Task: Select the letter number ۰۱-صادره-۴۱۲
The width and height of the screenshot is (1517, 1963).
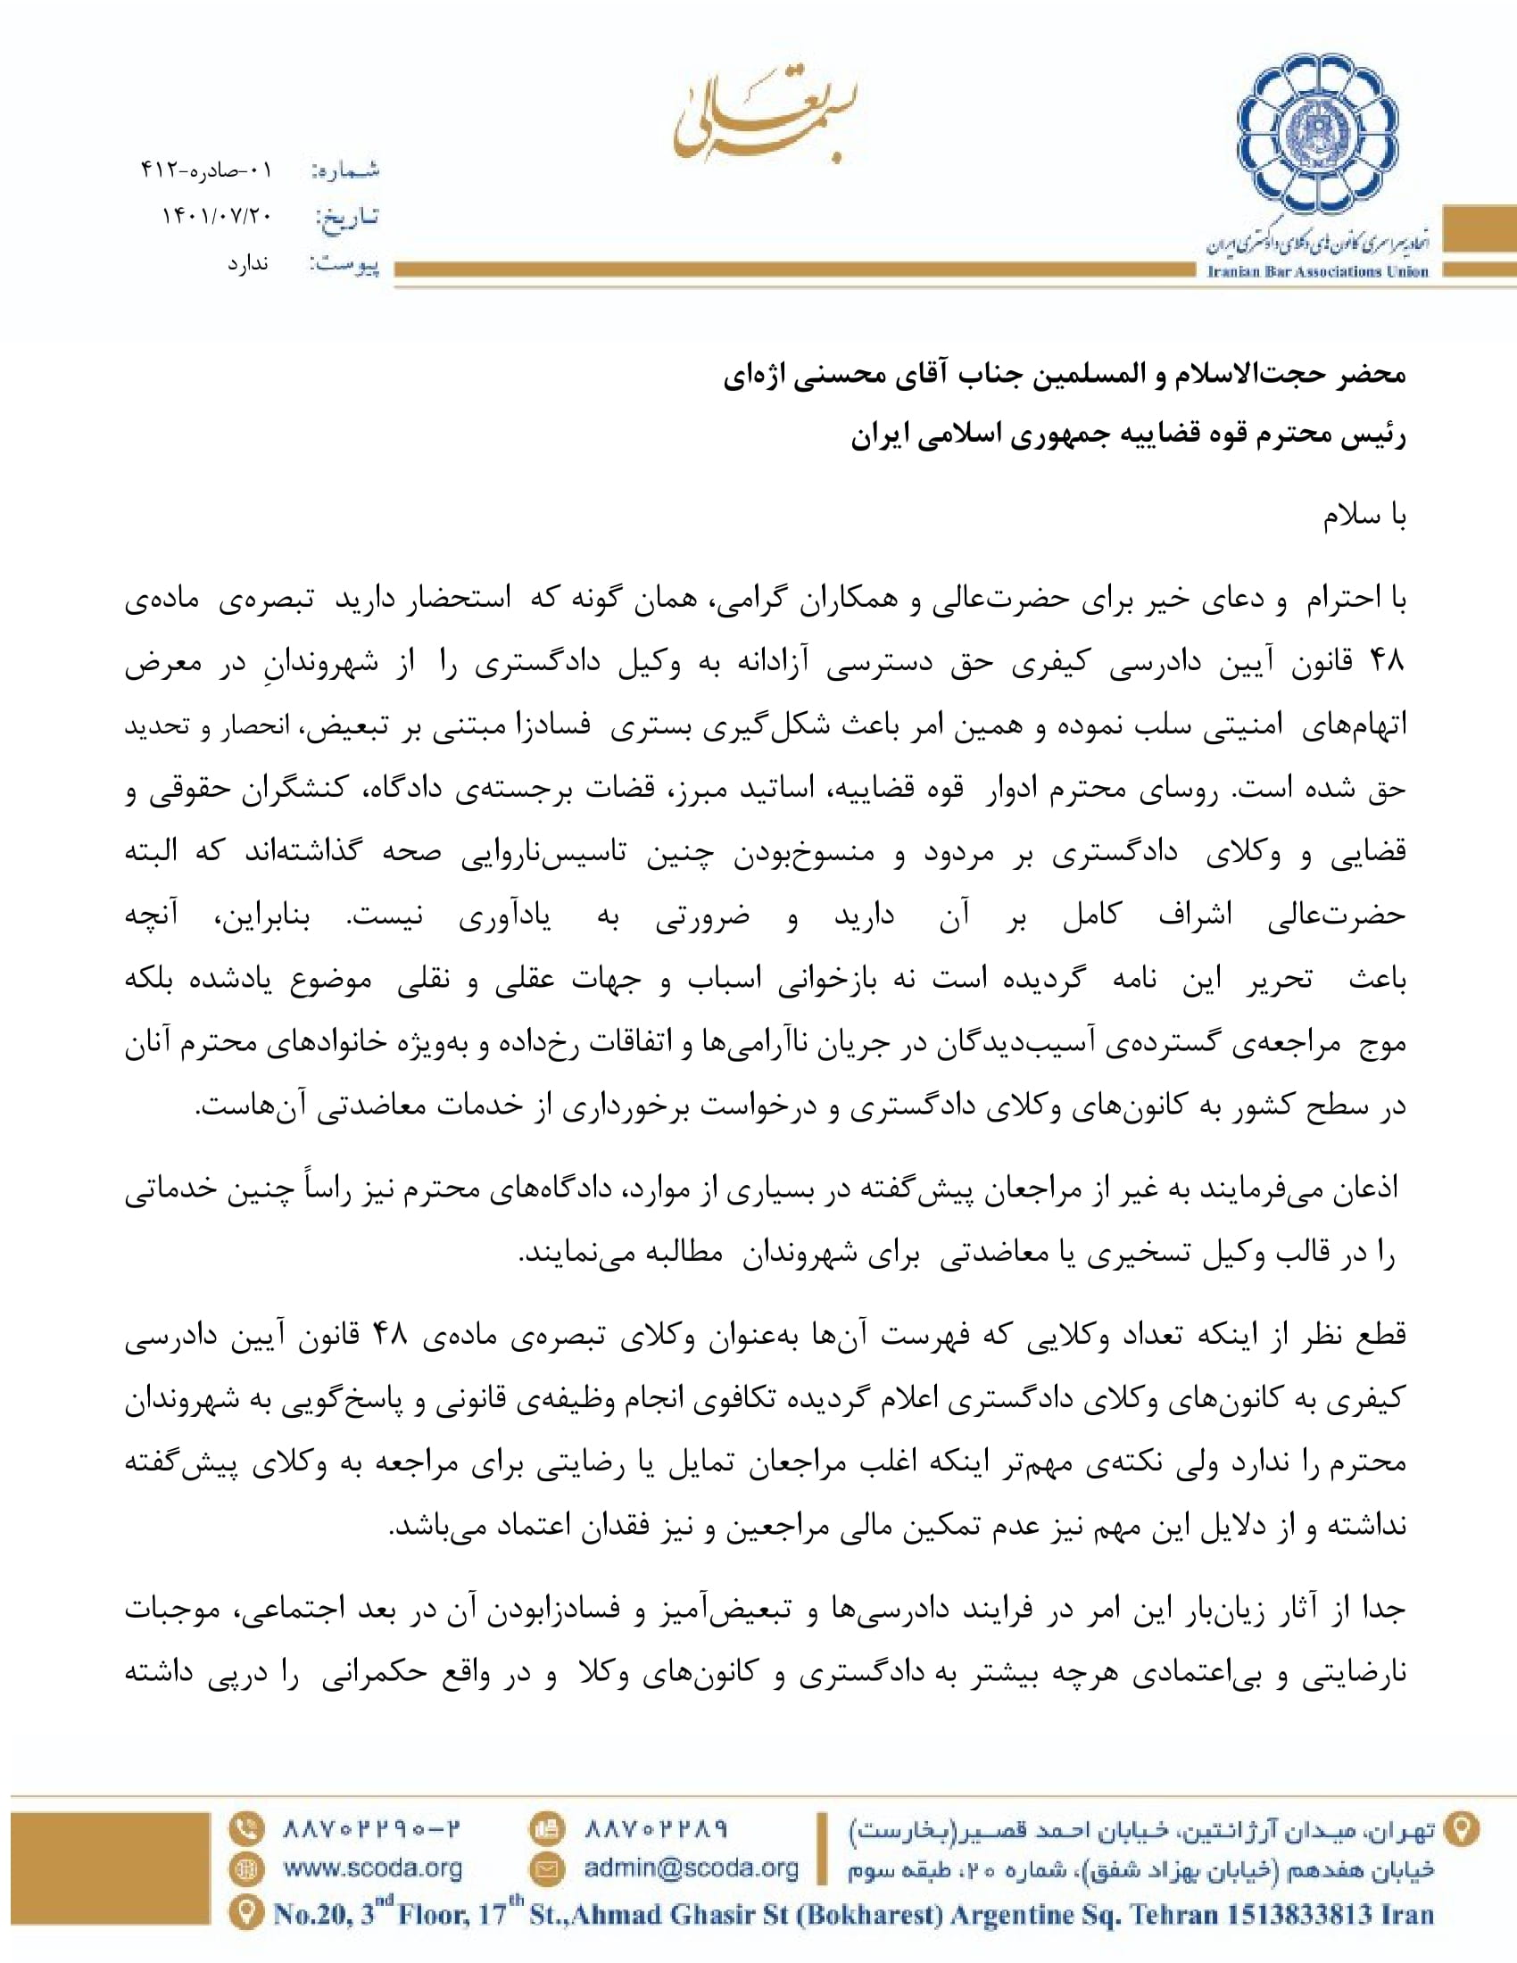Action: (206, 169)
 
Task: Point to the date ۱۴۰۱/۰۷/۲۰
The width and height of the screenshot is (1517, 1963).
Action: (217, 216)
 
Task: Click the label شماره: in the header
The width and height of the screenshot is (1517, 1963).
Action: (346, 170)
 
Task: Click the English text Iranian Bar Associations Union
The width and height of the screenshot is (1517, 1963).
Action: (1317, 271)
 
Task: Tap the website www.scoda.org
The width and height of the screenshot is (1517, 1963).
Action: (373, 1868)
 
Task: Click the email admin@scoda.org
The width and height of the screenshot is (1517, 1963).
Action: (691, 1868)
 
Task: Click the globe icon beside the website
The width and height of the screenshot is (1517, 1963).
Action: (245, 1869)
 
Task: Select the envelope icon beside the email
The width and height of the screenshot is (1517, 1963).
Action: (546, 1869)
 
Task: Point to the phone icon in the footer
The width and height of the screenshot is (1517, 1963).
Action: (245, 1828)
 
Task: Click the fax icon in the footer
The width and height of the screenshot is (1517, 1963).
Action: (546, 1828)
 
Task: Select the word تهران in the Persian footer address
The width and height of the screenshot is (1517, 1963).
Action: (1410, 1829)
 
